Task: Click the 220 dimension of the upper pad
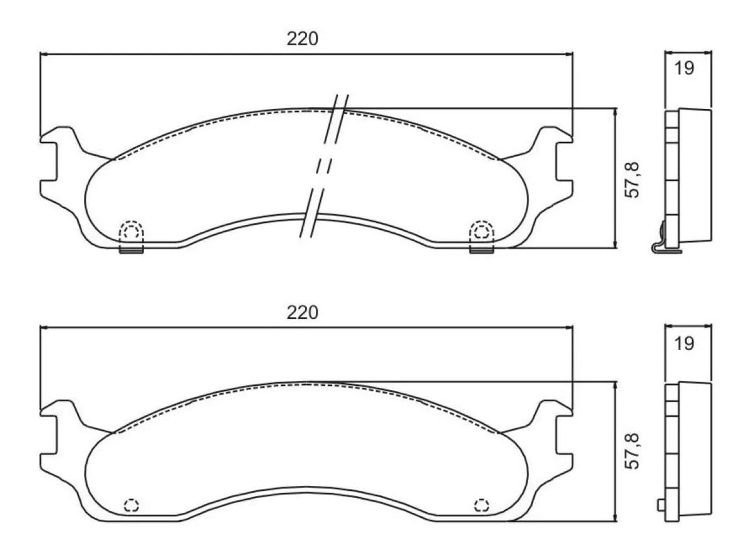tap(303, 39)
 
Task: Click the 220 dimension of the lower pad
tap(303, 312)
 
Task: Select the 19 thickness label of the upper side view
tap(685, 68)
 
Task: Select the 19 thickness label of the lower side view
tap(685, 343)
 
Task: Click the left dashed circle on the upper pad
tap(132, 232)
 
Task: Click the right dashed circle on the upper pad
tap(481, 232)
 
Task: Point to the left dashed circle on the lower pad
tap(132, 505)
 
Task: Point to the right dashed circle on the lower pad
tap(481, 505)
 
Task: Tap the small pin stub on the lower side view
tap(661, 505)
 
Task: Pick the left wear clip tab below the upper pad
tap(132, 250)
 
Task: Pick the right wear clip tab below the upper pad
tap(481, 250)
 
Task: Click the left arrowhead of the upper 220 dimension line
tap(43, 54)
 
